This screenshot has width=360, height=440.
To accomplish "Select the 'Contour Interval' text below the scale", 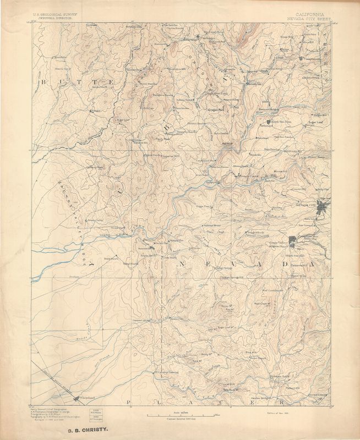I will (x=180, y=420).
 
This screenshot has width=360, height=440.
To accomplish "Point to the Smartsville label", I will (x=147, y=248).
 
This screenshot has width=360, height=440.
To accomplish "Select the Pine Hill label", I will (x=250, y=351).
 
